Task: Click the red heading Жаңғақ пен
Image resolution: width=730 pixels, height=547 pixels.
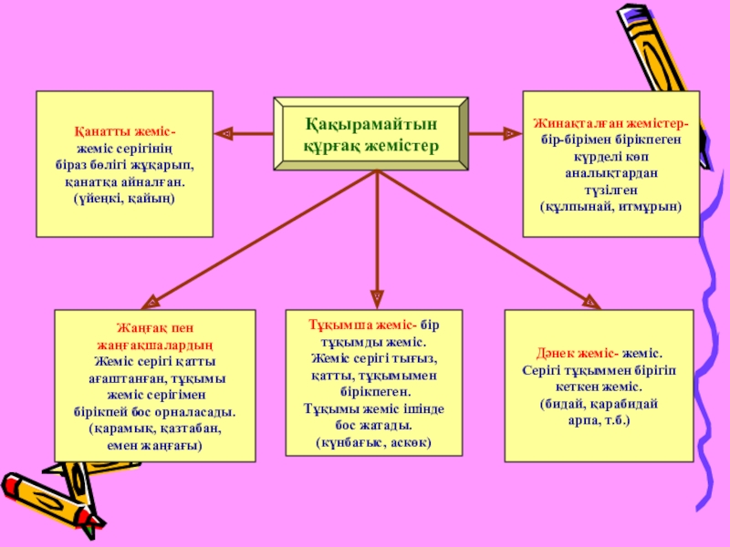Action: tap(151, 327)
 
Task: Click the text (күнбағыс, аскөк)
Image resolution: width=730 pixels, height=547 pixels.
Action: tap(373, 442)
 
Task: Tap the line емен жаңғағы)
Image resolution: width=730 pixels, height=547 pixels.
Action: tap(151, 444)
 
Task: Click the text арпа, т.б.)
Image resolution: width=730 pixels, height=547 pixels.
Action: tap(599, 421)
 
